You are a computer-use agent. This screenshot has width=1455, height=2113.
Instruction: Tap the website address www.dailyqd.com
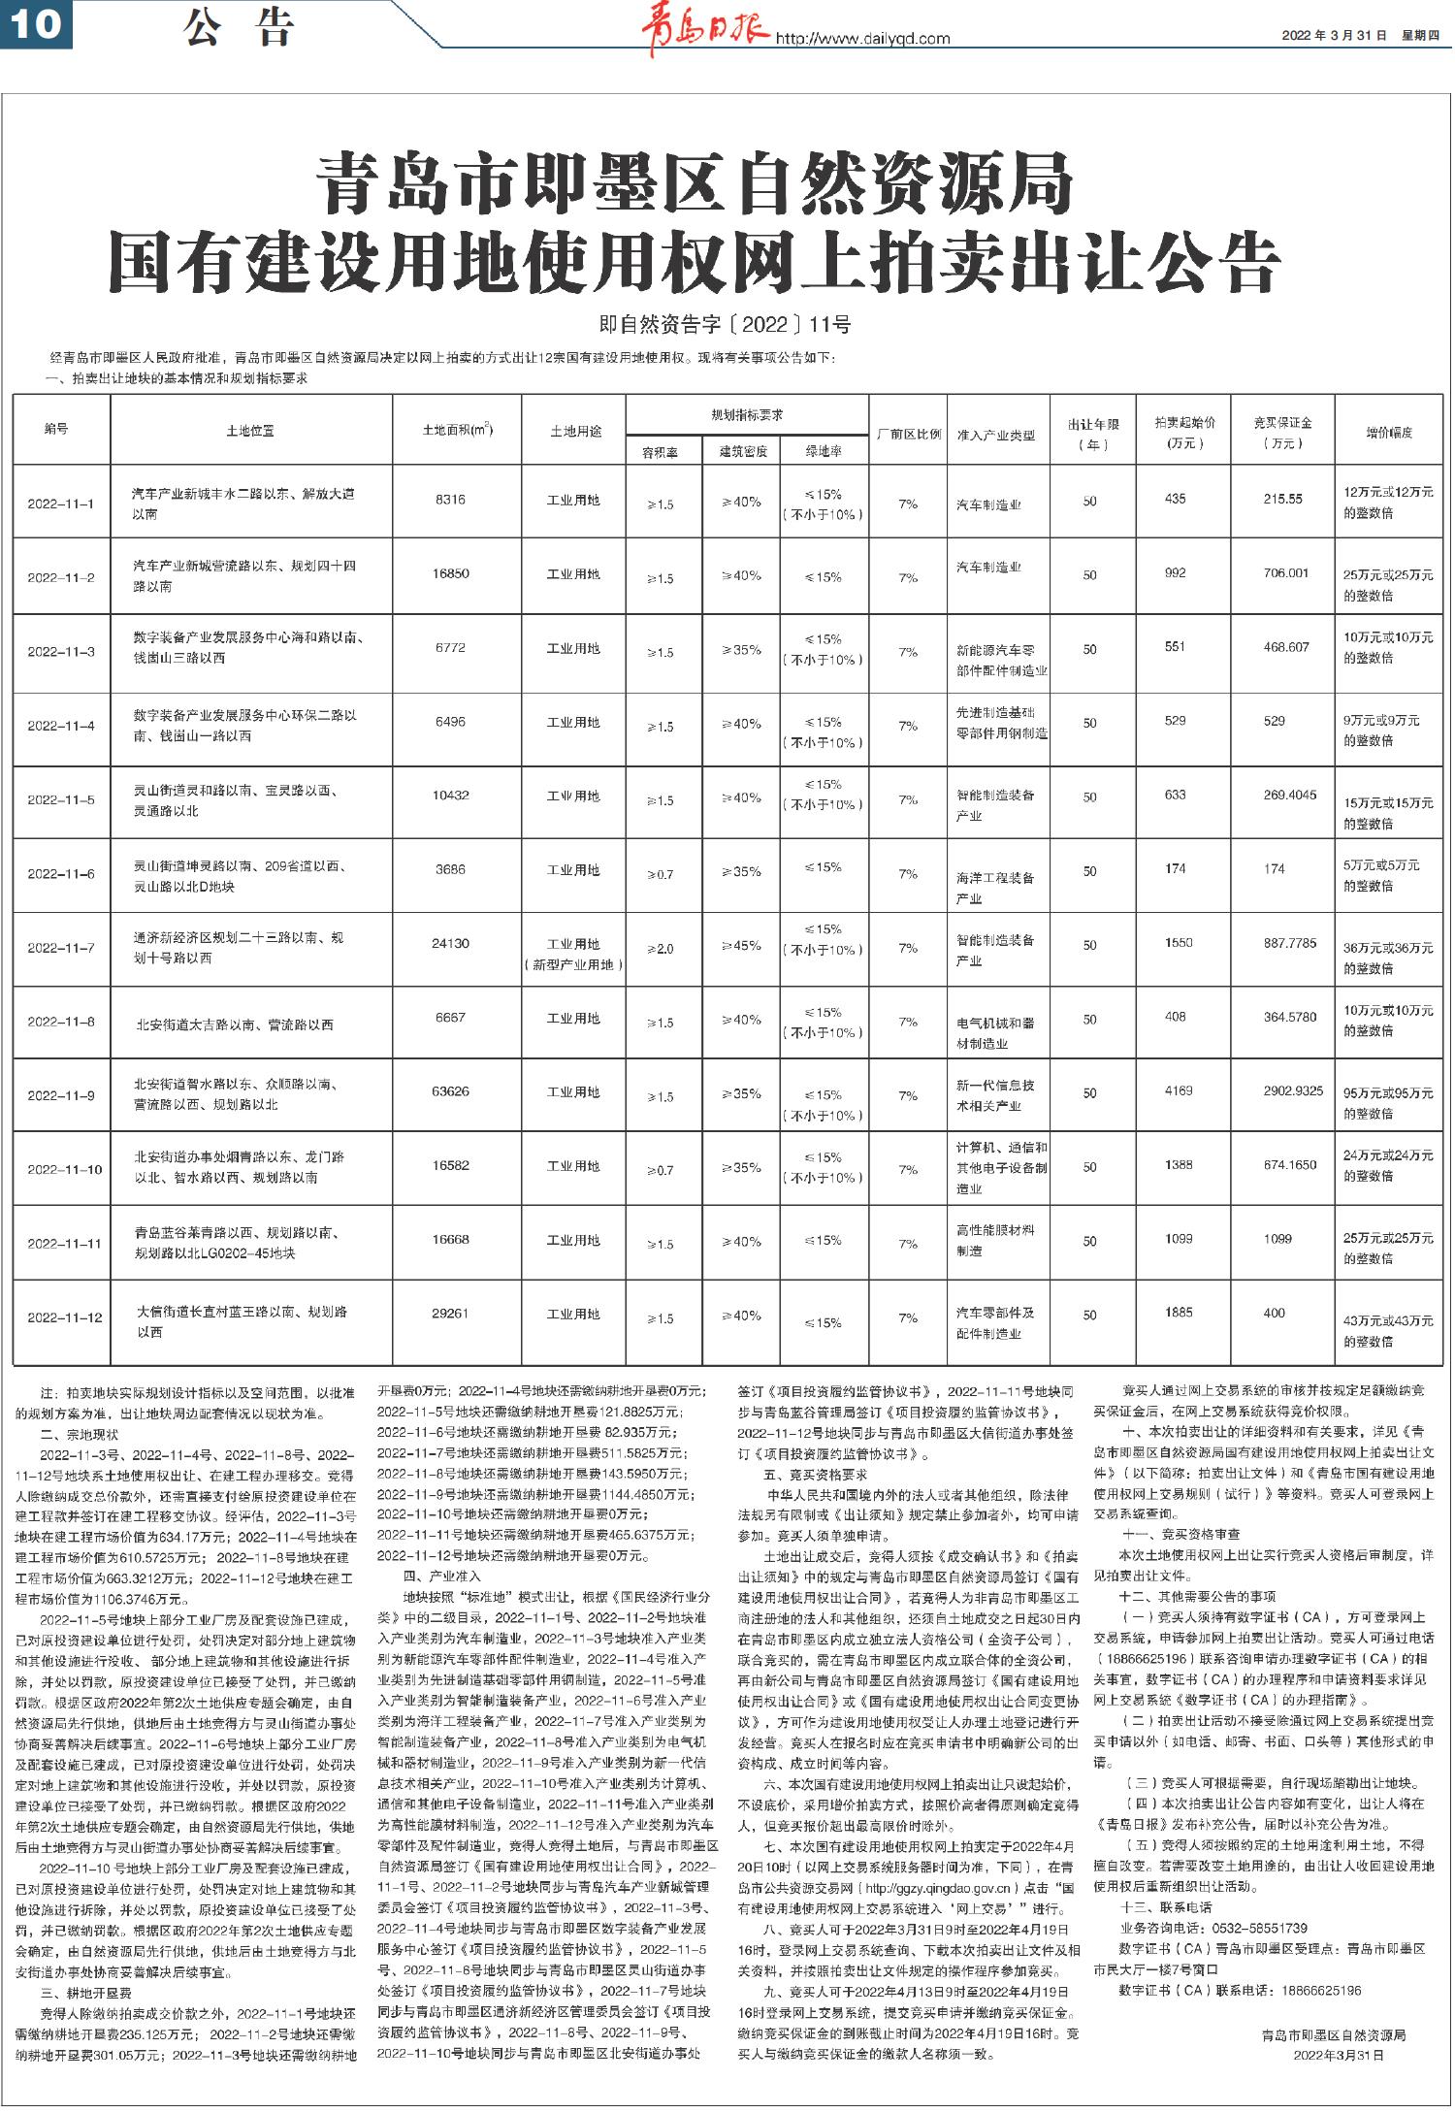click(x=861, y=40)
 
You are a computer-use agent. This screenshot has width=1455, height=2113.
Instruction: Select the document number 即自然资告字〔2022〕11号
click(x=726, y=325)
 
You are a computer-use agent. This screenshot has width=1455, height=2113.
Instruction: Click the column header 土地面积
click(x=457, y=430)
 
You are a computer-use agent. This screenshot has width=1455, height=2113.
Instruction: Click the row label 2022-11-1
click(x=61, y=504)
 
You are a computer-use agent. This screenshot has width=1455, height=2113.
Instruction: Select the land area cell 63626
click(x=450, y=1091)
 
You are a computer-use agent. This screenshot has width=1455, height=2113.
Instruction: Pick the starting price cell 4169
click(x=1179, y=1090)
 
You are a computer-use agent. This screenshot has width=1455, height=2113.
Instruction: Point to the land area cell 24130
click(x=450, y=943)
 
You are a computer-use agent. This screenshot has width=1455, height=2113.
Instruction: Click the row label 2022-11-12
click(x=64, y=1317)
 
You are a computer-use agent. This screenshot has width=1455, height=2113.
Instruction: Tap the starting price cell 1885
click(x=1179, y=1313)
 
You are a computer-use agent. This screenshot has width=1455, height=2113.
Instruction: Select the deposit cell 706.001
click(x=1286, y=573)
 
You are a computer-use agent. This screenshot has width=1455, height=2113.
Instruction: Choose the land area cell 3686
click(x=450, y=869)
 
